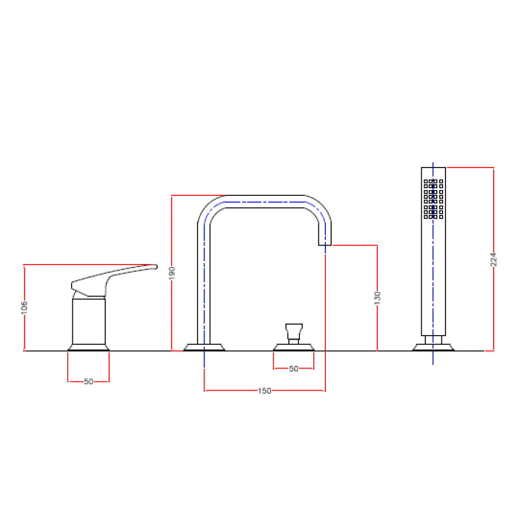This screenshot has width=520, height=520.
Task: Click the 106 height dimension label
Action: click(24, 308)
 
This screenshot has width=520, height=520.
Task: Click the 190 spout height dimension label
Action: click(172, 273)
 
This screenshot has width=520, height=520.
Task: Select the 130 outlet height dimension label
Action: click(377, 298)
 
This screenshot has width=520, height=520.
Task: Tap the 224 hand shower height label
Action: click(493, 259)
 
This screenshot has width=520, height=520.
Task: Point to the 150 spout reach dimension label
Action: click(265, 391)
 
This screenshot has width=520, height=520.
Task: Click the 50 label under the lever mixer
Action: click(88, 382)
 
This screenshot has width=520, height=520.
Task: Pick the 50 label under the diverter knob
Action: click(294, 369)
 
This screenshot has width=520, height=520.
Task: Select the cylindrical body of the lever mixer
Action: click(89, 321)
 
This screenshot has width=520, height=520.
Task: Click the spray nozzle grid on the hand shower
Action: click(433, 199)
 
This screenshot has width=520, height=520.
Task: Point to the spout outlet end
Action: click(325, 245)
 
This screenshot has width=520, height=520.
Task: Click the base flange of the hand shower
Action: click(433, 347)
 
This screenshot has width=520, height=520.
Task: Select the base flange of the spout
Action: click(205, 347)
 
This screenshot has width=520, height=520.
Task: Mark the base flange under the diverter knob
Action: click(294, 347)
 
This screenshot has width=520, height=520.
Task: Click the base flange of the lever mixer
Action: click(88, 347)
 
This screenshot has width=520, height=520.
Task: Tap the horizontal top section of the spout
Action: click(265, 202)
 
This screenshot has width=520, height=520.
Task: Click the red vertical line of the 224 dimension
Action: click(493, 259)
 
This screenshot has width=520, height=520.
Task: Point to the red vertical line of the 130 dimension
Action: click(377, 298)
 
